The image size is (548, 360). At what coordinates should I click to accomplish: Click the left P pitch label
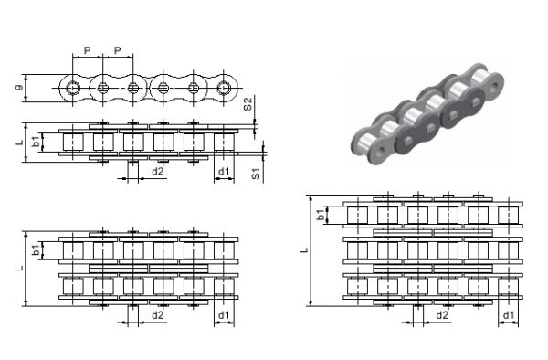[87, 50]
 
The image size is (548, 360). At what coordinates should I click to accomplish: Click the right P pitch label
[118, 50]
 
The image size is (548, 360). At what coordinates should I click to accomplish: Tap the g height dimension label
[20, 86]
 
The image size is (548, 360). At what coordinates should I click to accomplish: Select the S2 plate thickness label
[248, 104]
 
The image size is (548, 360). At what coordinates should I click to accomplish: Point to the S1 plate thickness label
[256, 174]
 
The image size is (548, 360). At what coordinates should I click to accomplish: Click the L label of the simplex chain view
[19, 142]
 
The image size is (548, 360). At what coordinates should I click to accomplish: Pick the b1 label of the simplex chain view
[36, 142]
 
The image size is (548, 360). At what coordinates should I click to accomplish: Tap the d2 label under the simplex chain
[158, 171]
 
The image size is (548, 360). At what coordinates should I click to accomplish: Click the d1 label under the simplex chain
[224, 171]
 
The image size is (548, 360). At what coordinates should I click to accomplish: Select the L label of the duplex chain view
[19, 268]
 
